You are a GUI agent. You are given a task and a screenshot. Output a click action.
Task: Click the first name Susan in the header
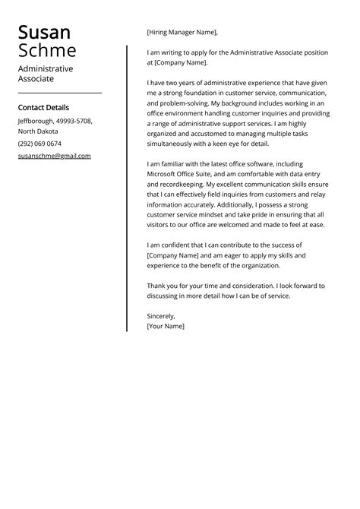[44, 32]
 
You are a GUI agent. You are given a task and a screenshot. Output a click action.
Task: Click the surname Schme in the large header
[47, 51]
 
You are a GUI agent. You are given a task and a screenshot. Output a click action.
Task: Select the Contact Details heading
[43, 108]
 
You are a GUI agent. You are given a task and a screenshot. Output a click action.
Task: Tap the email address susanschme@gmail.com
[54, 156]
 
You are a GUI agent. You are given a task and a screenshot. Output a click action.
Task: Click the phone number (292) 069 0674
[39, 144]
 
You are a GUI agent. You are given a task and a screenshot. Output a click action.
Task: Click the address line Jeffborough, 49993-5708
[55, 121]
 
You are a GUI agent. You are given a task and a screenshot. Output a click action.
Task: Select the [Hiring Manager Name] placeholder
[182, 32]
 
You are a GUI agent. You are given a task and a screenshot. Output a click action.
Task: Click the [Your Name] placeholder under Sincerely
[166, 326]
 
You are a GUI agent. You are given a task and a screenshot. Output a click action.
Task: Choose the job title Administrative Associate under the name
[46, 73]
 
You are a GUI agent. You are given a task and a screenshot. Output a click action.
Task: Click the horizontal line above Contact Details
[59, 93]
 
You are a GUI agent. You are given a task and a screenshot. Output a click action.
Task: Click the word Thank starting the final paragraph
[156, 286]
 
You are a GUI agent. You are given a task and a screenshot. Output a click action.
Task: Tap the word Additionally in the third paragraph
[252, 204]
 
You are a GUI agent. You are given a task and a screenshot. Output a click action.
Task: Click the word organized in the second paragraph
[166, 133]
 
